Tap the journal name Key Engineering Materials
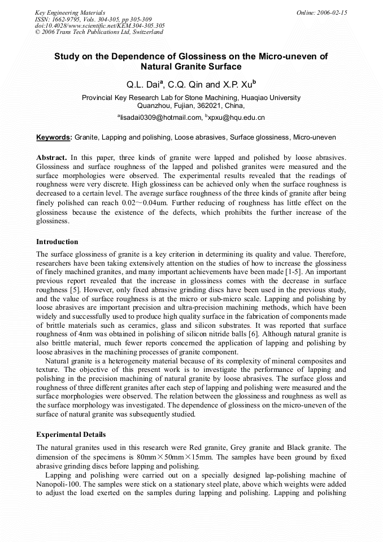pos(69,12)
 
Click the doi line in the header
pos(99,25)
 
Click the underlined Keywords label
pos(54,137)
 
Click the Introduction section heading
pos(57,241)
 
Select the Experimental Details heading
pos(71,435)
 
